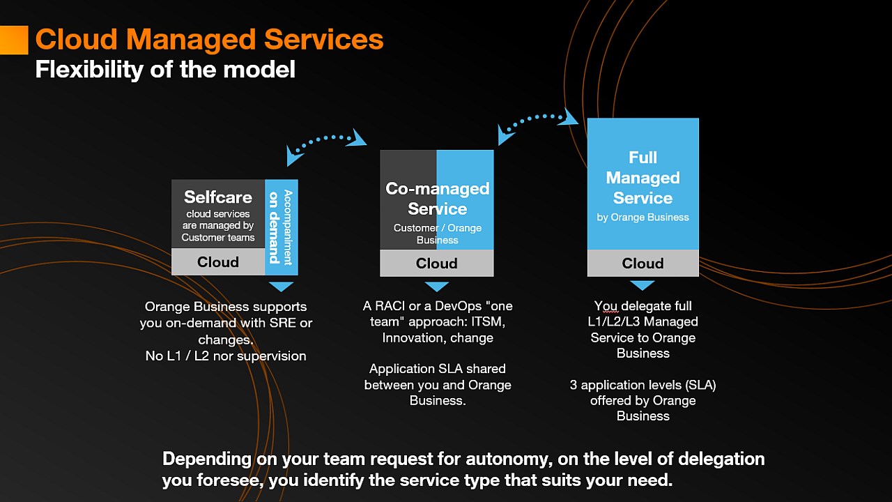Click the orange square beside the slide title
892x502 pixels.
pos(13,40)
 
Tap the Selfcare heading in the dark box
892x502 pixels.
pos(218,197)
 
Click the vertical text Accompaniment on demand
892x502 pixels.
pos(281,227)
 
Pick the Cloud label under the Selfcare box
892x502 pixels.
pos(218,262)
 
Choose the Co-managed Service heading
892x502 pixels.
pos(437,199)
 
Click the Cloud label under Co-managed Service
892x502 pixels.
pos(437,264)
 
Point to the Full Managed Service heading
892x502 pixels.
pos(643,178)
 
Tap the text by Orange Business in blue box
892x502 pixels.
pos(643,218)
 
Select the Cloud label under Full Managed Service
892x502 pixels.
pos(643,264)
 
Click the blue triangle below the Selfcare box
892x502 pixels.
pos(282,287)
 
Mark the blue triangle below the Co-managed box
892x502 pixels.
pos(437,287)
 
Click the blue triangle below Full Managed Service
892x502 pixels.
pos(643,285)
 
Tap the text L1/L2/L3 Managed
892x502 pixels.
pos(644,321)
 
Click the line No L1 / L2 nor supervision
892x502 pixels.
pos(225,356)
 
